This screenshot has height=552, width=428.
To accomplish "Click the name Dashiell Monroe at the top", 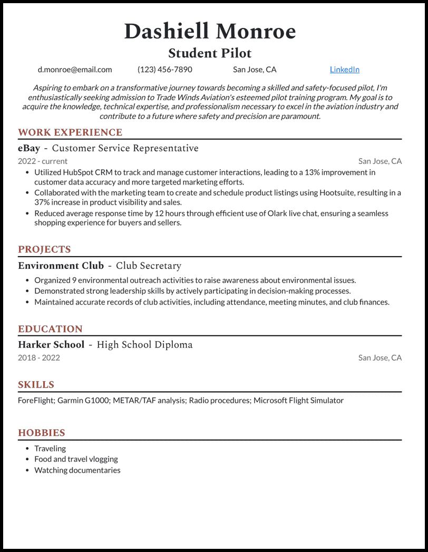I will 210,32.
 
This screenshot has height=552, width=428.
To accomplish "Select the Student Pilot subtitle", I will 210,53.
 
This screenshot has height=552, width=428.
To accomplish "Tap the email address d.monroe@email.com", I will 75,70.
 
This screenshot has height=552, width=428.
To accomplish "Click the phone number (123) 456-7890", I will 165,70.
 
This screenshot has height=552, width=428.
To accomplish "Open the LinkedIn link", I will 345,70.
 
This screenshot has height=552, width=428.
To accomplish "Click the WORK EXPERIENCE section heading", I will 70,132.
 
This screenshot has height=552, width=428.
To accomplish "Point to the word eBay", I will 29,148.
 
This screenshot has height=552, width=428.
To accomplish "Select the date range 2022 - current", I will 43,161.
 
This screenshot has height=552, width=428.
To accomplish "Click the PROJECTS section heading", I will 44,249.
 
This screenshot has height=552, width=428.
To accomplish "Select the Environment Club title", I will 61,266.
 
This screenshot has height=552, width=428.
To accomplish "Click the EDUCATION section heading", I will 50,329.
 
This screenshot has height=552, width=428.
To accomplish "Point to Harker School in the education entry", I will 51,345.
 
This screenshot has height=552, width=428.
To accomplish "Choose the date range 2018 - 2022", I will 39,358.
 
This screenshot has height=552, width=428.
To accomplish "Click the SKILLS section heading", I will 36,385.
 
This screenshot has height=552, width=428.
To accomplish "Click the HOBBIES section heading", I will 42,433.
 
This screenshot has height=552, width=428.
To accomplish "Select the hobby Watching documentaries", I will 77,470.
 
